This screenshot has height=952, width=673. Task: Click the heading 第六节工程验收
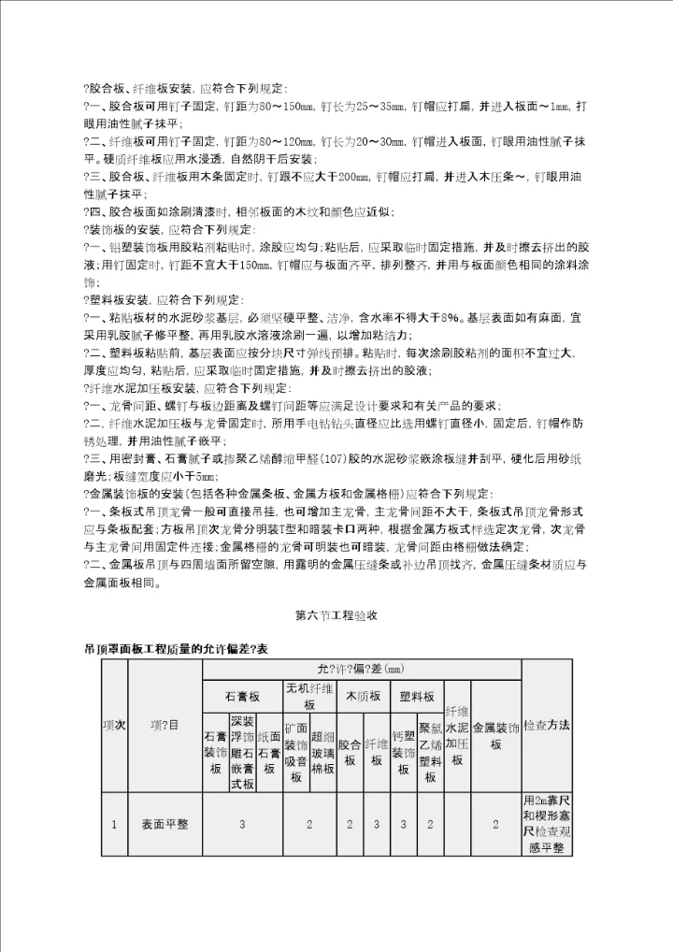coord(336,615)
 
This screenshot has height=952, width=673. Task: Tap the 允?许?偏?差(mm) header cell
coord(362,669)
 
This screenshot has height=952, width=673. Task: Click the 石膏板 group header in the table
coord(243,697)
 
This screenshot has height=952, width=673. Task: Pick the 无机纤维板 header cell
coord(309,697)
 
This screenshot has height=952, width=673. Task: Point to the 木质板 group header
coord(363,697)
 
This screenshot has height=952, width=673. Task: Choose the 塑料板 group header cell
coord(416,697)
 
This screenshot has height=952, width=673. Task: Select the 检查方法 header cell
coord(547,726)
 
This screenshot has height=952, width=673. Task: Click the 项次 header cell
coord(114,726)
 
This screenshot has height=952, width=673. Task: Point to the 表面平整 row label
coord(165,824)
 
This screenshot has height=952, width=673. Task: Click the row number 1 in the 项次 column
coord(114,824)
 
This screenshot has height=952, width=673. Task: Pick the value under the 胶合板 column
coord(350,824)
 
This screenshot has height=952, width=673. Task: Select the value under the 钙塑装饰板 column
coord(403,824)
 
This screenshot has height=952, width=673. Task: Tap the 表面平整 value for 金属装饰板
coord(495,824)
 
